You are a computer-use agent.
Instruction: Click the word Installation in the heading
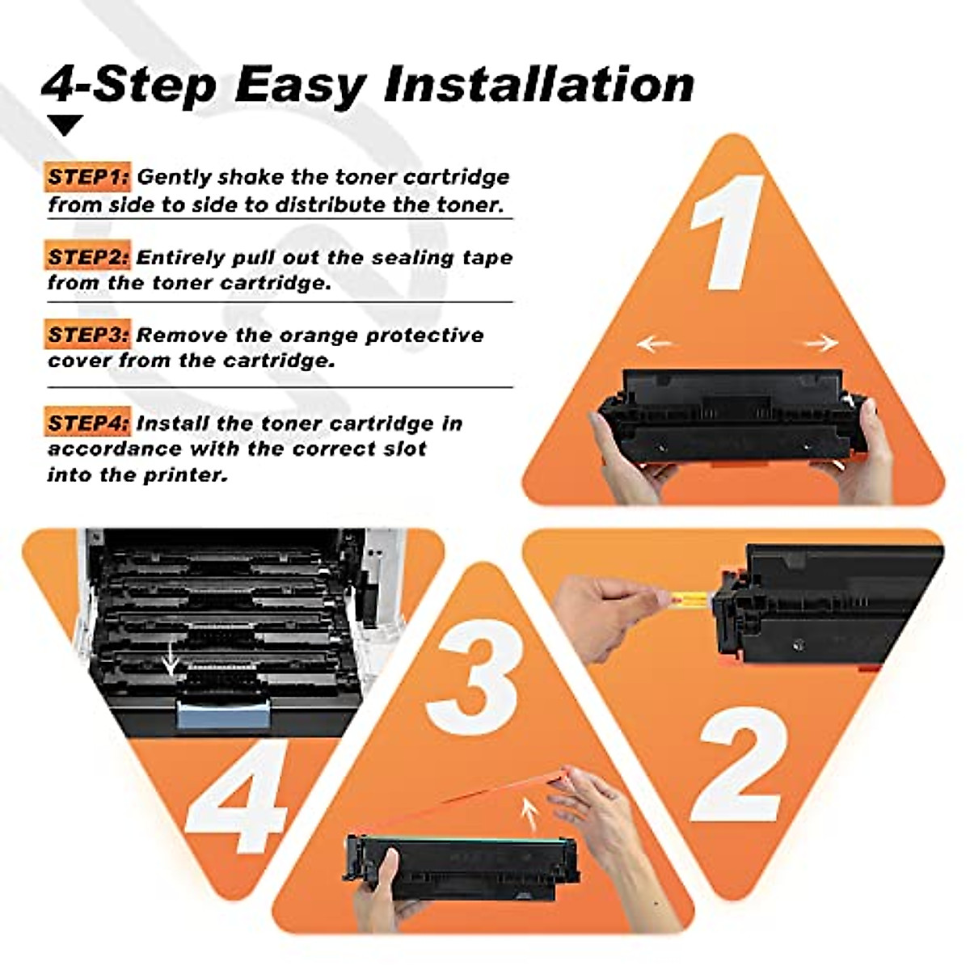[539, 85]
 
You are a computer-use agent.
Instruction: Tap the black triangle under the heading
[65, 124]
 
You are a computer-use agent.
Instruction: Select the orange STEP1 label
[87, 177]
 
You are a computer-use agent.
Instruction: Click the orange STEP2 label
[87, 256]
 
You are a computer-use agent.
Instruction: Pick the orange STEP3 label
[87, 334]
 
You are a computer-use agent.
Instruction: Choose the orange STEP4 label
[87, 422]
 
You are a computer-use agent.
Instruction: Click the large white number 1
[727, 233]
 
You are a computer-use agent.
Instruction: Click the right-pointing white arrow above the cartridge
[821, 344]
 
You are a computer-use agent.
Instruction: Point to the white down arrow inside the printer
[171, 660]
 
